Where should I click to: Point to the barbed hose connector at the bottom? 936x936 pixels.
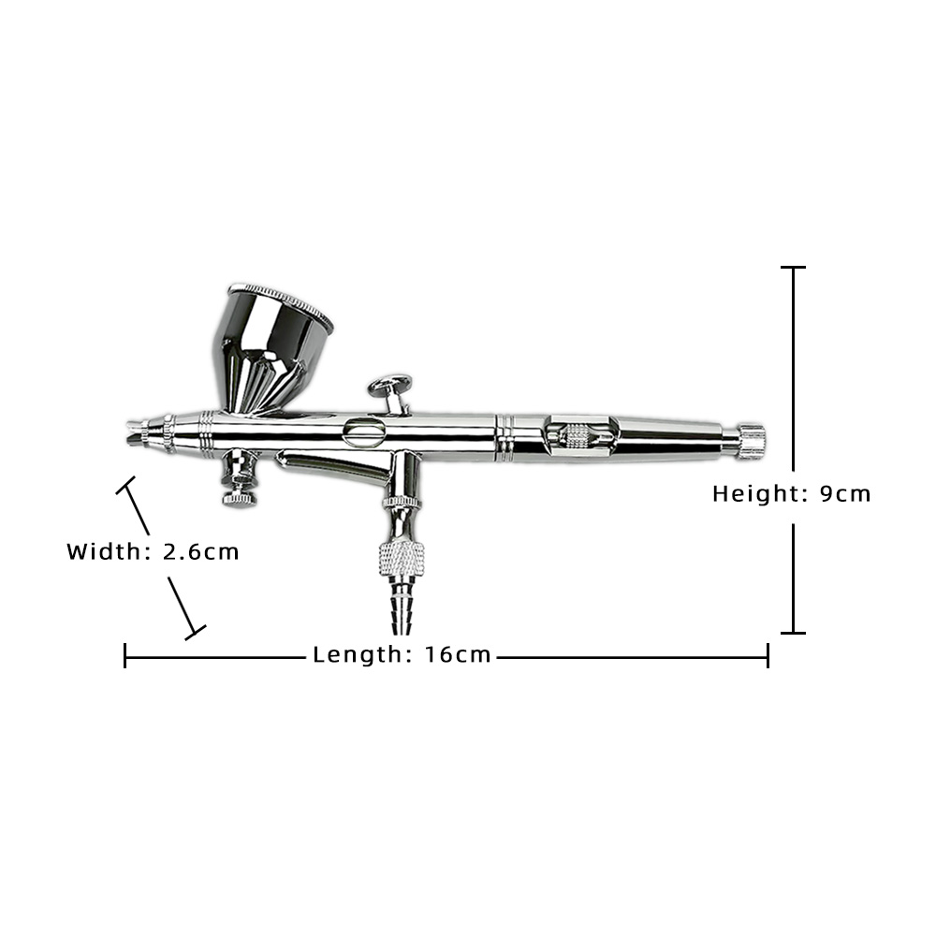point(400,604)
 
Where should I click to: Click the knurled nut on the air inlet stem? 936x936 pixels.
point(402,559)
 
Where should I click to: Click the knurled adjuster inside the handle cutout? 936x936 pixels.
point(576,435)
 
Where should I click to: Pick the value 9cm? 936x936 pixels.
point(844,494)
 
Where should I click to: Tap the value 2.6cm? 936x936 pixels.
point(200,551)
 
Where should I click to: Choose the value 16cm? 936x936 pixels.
point(458,655)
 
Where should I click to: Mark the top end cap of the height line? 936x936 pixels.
point(794,268)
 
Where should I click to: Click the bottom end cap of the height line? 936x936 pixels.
point(794,633)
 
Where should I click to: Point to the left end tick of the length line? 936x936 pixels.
point(124,655)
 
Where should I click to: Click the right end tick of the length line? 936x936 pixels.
point(768,655)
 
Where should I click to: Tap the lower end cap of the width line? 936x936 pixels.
point(196,632)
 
